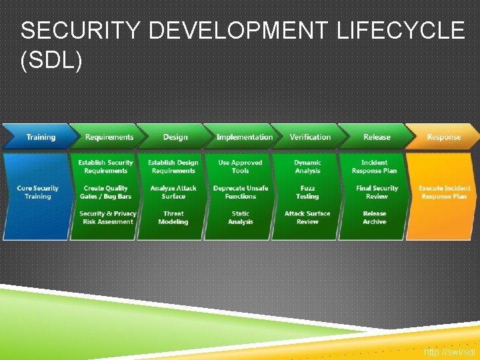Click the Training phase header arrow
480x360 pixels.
pos(40,137)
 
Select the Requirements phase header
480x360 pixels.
pos(109,137)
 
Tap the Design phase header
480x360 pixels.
pos(175,137)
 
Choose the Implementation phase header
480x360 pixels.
pos(244,137)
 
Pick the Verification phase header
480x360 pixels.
pos(310,137)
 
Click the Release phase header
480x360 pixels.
pos(377,137)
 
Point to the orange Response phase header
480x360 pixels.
pos(443,137)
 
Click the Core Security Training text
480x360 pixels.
pos(38,192)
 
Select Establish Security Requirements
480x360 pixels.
pos(105,167)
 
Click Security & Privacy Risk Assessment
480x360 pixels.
pos(107,217)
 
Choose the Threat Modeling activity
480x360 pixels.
pos(173,217)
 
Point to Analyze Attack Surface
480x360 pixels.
pos(173,192)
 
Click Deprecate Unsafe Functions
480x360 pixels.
pos(241,192)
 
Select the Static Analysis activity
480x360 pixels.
pos(241,217)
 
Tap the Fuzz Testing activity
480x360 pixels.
pos(307,192)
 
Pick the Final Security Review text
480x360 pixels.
pos(377,192)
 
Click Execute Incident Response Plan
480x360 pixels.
pos(444,192)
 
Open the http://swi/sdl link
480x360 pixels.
pos(449,351)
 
